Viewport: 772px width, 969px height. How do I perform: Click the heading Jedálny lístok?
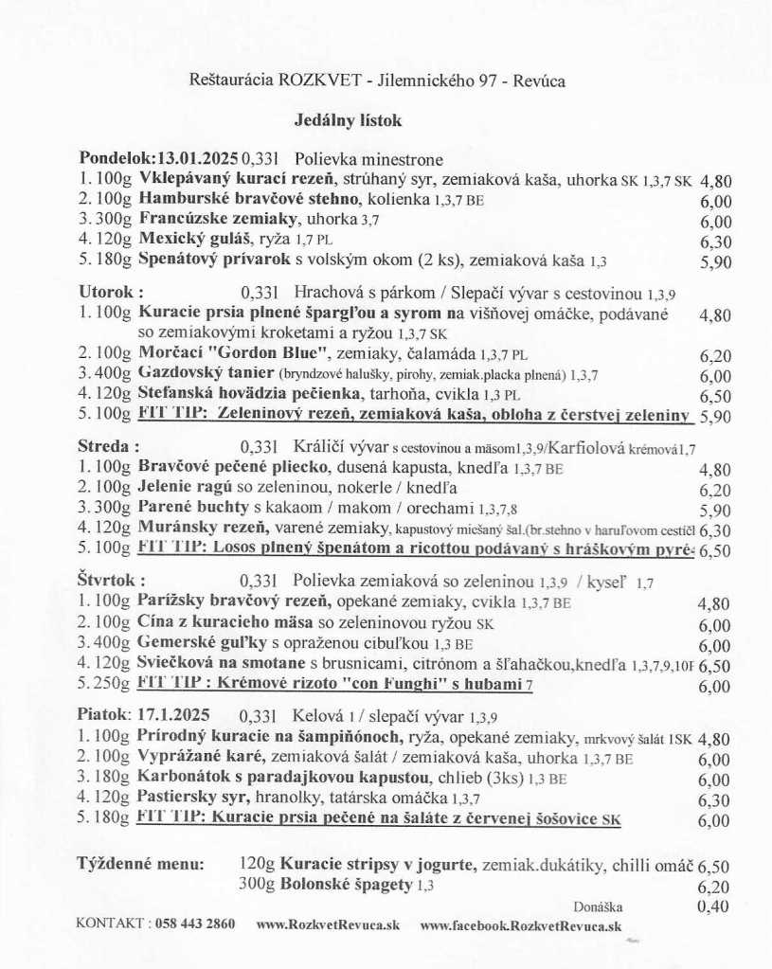(348, 121)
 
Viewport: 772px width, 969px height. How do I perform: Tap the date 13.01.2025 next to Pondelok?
(199, 158)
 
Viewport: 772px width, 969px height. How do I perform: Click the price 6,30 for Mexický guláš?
(715, 242)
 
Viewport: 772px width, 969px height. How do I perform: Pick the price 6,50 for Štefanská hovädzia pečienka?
(715, 396)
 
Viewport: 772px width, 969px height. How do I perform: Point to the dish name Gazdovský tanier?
(195, 375)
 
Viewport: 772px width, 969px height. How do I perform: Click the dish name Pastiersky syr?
(181, 798)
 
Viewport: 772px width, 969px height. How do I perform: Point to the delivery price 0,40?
(714, 906)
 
